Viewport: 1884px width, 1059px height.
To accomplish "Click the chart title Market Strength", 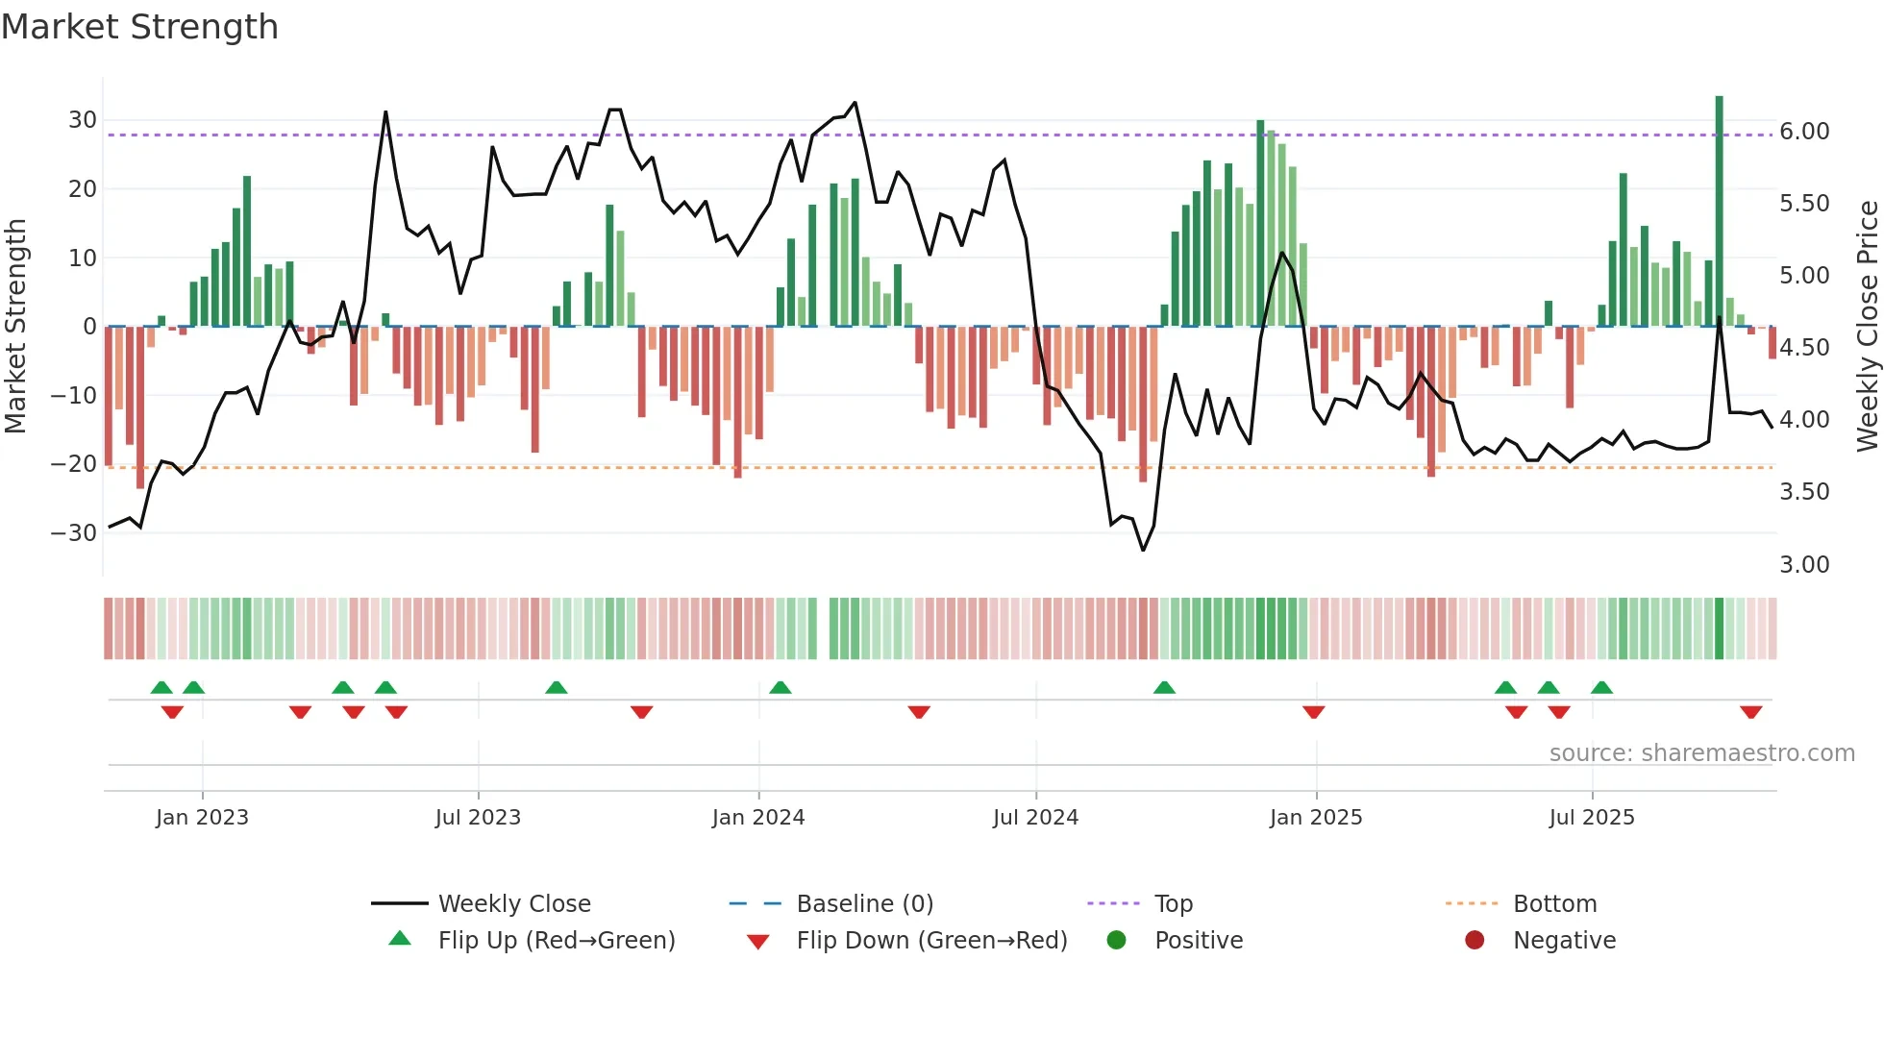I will [x=139, y=27].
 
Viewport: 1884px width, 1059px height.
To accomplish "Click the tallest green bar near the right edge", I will [x=1720, y=211].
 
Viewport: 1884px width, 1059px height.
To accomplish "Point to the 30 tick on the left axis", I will [x=83, y=120].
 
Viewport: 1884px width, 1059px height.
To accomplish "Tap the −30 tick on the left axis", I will [x=75, y=532].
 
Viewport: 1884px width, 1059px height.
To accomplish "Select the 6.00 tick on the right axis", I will [x=1804, y=132].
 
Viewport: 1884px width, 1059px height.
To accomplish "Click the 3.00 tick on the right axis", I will [x=1804, y=565].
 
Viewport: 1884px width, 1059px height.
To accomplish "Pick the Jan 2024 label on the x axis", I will [x=758, y=818].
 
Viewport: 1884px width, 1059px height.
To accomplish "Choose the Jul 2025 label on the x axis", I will [x=1592, y=818].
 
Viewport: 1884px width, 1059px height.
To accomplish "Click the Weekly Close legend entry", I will [x=514, y=904].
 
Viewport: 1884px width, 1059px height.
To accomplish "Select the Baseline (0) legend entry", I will [x=865, y=904].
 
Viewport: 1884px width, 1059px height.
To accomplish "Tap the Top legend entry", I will [x=1174, y=904].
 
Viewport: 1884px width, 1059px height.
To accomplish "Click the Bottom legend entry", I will [x=1554, y=904].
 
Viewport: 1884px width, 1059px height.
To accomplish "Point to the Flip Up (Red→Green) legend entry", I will [x=557, y=941].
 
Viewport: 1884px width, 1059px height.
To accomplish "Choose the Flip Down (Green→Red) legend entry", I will [x=931, y=941].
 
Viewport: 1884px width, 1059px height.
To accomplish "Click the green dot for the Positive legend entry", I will [x=1116, y=940].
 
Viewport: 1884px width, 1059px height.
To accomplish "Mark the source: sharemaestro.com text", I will [x=1701, y=753].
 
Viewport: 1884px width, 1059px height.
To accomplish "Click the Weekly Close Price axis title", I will [x=1867, y=327].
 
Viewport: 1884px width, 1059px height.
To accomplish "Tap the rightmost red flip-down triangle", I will [x=1750, y=712].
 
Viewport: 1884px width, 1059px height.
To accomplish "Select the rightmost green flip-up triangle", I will [x=1601, y=687].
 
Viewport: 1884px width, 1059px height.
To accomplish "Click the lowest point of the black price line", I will [x=1143, y=550].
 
